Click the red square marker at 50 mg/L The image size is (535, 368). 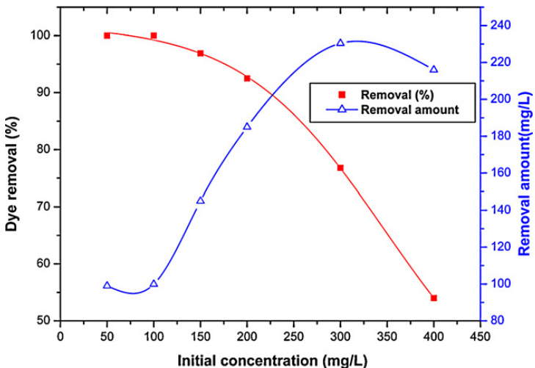(107, 35)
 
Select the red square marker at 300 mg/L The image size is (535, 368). (341, 168)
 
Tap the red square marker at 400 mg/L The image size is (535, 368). (434, 297)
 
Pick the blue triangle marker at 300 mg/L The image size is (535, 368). (341, 43)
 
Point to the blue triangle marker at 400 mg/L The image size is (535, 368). (434, 69)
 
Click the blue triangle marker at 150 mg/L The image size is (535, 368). (200, 201)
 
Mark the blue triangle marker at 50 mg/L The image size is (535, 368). (107, 285)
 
